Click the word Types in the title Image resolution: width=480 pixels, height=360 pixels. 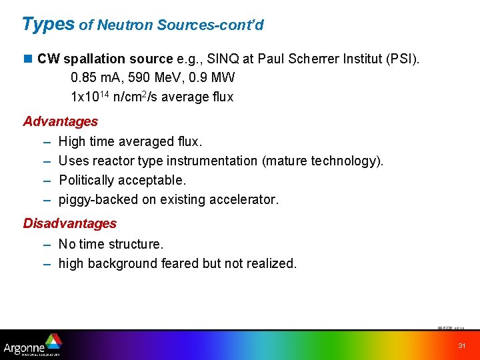48,24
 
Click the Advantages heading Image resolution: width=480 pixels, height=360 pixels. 61,121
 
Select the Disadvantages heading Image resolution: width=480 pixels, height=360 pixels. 70,223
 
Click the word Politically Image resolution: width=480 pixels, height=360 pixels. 89,180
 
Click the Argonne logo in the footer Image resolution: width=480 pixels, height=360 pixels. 32,346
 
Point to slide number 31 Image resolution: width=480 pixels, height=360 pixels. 461,345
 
